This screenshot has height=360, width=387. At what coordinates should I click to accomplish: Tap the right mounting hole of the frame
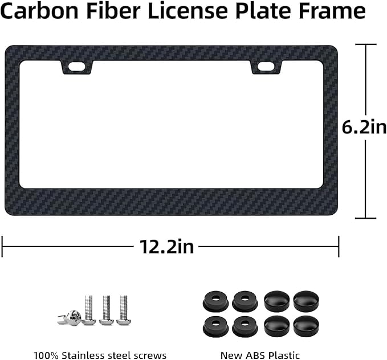coord(265,67)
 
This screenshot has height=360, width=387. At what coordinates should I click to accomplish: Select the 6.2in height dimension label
coord(364,126)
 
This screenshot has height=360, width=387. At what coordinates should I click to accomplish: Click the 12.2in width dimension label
coord(166,247)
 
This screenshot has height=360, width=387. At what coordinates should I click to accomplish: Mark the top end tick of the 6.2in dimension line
coord(365,44)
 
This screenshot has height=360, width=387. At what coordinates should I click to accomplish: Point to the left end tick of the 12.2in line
coord(2,247)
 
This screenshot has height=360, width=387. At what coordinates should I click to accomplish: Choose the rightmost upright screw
coord(123,310)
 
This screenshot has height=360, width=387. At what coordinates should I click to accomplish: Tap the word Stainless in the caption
coord(85,355)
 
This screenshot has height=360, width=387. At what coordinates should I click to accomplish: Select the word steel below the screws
coord(125,355)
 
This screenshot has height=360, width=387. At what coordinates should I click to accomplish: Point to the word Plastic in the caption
coord(286,355)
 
